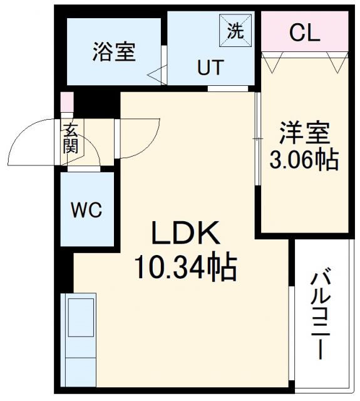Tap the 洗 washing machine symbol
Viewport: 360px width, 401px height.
click(235, 32)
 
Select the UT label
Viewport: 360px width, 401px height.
click(210, 67)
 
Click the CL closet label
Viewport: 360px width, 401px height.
click(304, 33)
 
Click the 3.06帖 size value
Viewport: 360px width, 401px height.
click(304, 160)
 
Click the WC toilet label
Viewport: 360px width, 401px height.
click(87, 210)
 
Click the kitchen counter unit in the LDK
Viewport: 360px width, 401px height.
click(79, 335)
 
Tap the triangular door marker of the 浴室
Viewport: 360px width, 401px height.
click(157, 75)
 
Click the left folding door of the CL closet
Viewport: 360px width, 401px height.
click(273, 61)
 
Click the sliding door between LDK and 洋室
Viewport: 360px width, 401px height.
click(257, 138)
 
